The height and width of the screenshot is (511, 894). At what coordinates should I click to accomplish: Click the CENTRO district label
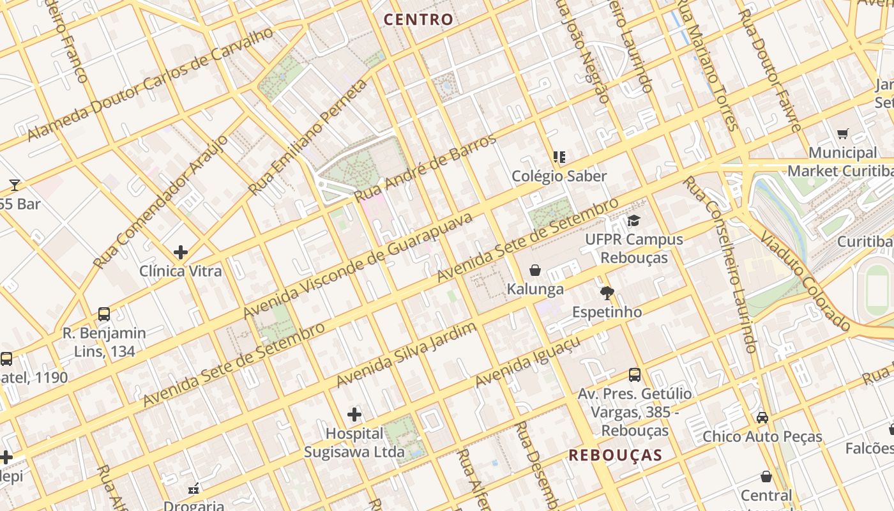point(418,20)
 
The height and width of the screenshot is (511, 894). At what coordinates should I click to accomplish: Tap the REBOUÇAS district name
point(615,455)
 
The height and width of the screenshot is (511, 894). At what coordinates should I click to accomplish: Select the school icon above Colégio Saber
point(559,157)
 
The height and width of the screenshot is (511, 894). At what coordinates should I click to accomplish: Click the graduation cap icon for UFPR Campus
point(633,221)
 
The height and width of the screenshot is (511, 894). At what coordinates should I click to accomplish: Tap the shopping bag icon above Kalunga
point(535,271)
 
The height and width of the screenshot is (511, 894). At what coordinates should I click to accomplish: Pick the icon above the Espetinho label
point(607,294)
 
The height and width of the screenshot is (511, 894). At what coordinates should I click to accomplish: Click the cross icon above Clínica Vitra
point(181,252)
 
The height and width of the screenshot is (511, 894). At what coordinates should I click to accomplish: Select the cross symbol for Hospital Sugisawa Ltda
point(354,415)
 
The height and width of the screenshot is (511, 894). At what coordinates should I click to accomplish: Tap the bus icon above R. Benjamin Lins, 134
point(104,314)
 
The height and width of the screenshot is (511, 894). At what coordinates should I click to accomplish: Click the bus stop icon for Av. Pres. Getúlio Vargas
point(634,375)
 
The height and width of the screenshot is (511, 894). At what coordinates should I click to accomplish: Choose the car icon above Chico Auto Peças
point(762,418)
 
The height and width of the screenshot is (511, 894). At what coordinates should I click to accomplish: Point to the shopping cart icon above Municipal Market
point(842,134)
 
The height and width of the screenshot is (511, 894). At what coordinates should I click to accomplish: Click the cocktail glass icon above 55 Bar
point(15,185)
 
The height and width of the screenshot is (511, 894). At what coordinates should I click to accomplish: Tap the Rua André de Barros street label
point(425,168)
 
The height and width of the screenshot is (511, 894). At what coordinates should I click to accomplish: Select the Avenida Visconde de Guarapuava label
point(358,265)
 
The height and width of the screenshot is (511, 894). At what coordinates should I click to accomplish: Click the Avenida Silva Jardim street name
point(407,355)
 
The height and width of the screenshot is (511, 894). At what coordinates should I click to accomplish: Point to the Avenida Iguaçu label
point(527,362)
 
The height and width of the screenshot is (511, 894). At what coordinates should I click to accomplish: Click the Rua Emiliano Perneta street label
point(308,138)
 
